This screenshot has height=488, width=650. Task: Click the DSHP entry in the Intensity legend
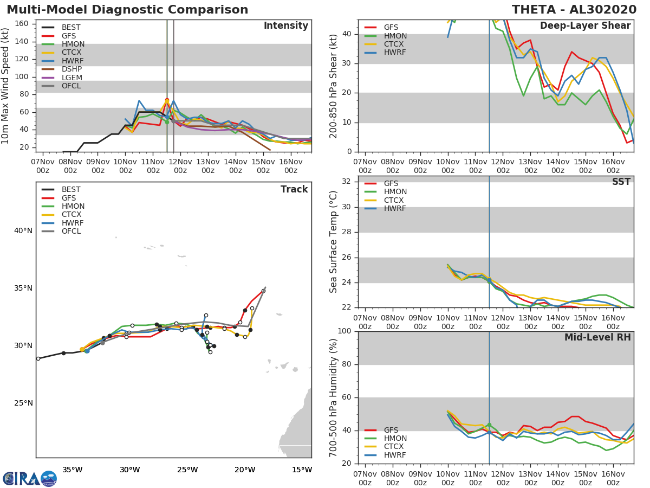[71, 69]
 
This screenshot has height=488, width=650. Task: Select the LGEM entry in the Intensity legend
[71, 78]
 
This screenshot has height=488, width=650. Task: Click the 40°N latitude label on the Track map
[23, 231]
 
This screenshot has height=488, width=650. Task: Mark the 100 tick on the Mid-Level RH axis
[343, 331]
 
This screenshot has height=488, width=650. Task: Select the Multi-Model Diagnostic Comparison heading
[127, 10]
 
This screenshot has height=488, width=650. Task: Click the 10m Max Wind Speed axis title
[6, 86]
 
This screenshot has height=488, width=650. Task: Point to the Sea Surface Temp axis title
[334, 242]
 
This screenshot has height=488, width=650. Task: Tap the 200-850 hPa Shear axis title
[334, 86]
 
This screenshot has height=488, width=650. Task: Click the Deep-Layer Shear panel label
[585, 26]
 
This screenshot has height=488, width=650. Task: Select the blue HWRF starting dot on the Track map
[87, 351]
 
